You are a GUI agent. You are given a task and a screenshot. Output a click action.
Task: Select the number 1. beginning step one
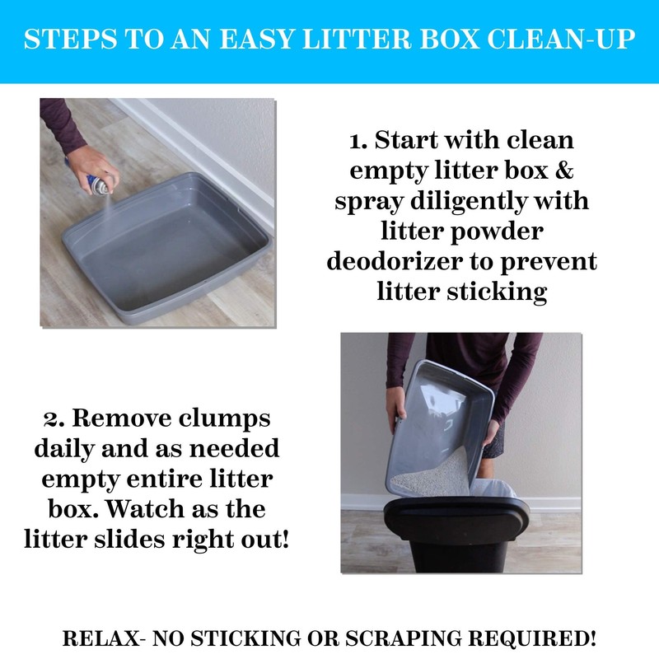coord(359,140)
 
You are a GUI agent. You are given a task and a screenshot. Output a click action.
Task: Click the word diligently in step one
coord(457,201)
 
